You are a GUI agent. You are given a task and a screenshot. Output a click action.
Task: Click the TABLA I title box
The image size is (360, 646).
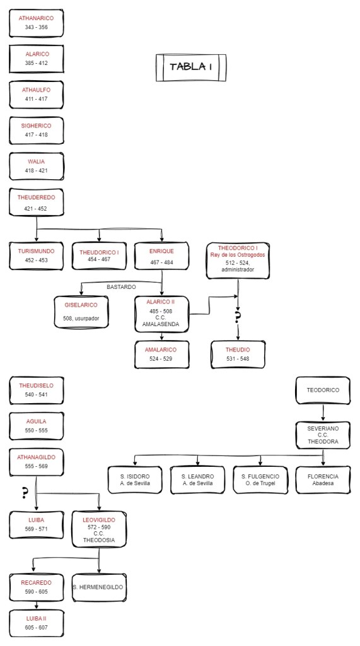[190, 67]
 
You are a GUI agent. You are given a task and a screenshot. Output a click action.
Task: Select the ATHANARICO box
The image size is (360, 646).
[36, 23]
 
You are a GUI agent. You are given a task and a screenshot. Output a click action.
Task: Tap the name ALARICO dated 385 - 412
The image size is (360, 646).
[36, 54]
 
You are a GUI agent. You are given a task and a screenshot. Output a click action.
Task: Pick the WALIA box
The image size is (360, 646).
[36, 166]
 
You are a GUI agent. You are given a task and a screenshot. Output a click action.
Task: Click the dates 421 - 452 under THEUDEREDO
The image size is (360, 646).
[36, 209]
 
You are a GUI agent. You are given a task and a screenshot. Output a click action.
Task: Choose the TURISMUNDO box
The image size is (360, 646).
[36, 255]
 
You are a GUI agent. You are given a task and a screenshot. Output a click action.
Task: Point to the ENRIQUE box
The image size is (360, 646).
[162, 255]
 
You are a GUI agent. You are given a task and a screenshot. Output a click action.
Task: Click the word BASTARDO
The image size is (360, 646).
[122, 286]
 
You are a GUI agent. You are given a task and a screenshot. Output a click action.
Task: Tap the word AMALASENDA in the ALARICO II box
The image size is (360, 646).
[161, 324]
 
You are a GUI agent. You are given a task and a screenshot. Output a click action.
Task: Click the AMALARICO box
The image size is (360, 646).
[161, 354]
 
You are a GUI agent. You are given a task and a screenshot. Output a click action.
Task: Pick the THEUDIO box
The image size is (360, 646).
[238, 354]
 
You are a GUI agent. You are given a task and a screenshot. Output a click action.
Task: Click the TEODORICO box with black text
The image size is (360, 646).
[323, 390]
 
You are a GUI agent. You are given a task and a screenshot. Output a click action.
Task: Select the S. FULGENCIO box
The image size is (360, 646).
[260, 479]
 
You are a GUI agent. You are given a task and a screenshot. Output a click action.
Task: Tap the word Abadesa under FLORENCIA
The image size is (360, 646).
[323, 483]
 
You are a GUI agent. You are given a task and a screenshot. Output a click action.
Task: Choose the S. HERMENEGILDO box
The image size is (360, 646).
[99, 587]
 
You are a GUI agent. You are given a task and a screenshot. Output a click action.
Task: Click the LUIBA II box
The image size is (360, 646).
[36, 623]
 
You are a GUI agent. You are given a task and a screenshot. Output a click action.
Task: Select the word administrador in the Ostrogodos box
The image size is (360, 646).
[238, 269]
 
